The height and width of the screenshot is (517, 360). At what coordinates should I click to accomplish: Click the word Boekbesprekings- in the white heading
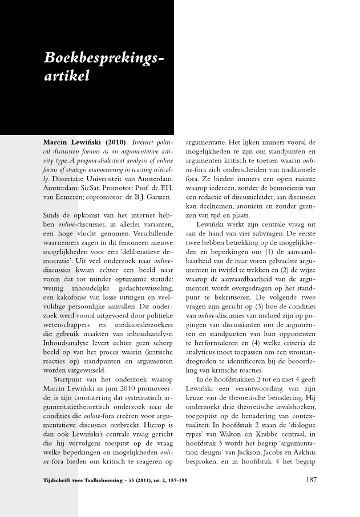(x=105, y=58)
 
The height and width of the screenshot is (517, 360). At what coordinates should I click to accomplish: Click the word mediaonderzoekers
(x=141, y=324)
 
